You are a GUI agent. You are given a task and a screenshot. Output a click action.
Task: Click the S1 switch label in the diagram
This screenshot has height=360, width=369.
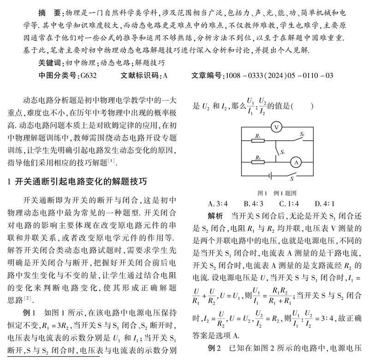(282, 152)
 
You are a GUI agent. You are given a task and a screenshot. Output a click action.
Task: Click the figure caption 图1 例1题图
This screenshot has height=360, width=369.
(276, 193)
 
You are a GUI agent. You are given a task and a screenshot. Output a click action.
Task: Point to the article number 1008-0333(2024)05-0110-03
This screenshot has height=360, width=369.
(278, 75)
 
